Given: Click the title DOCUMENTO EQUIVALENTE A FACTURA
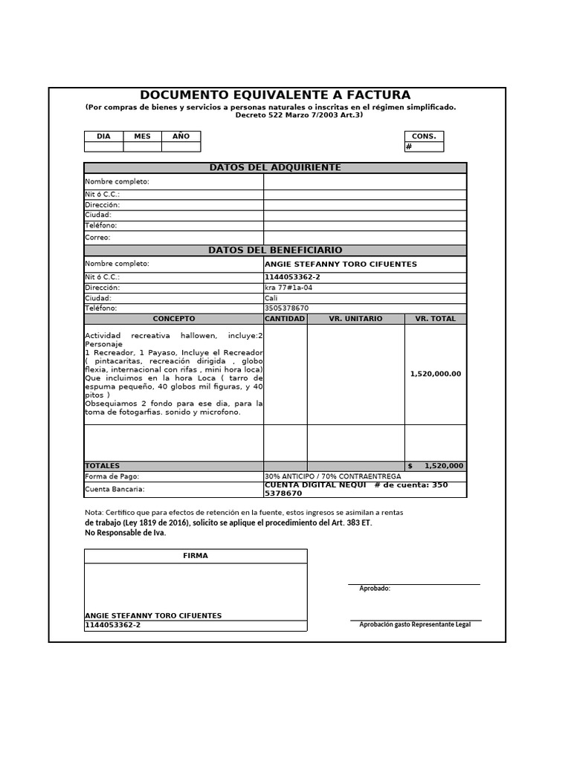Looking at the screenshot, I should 275,95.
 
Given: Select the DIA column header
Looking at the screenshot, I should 103,137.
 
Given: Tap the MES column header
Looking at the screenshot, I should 142,137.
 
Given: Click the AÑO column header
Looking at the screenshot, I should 181,137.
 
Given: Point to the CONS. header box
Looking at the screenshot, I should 424,137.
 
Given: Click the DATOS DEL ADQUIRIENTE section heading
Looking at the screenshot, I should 275,168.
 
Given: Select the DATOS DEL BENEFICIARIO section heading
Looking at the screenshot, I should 275,250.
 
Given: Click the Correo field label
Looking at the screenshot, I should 97,238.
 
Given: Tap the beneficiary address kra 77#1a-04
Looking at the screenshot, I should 288,288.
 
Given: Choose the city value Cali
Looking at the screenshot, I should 271,298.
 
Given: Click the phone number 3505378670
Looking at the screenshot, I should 286,308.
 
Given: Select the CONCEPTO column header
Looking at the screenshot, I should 173,319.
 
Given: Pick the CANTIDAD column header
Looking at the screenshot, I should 285,319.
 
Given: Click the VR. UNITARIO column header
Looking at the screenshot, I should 355,319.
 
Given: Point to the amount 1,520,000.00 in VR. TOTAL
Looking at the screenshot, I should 436,374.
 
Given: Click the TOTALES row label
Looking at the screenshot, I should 102,466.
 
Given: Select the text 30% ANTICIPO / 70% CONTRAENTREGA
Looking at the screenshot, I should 332,476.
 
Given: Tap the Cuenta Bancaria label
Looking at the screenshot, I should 114,489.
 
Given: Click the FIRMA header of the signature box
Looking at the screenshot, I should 196,556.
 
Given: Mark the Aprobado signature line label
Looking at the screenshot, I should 375,589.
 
